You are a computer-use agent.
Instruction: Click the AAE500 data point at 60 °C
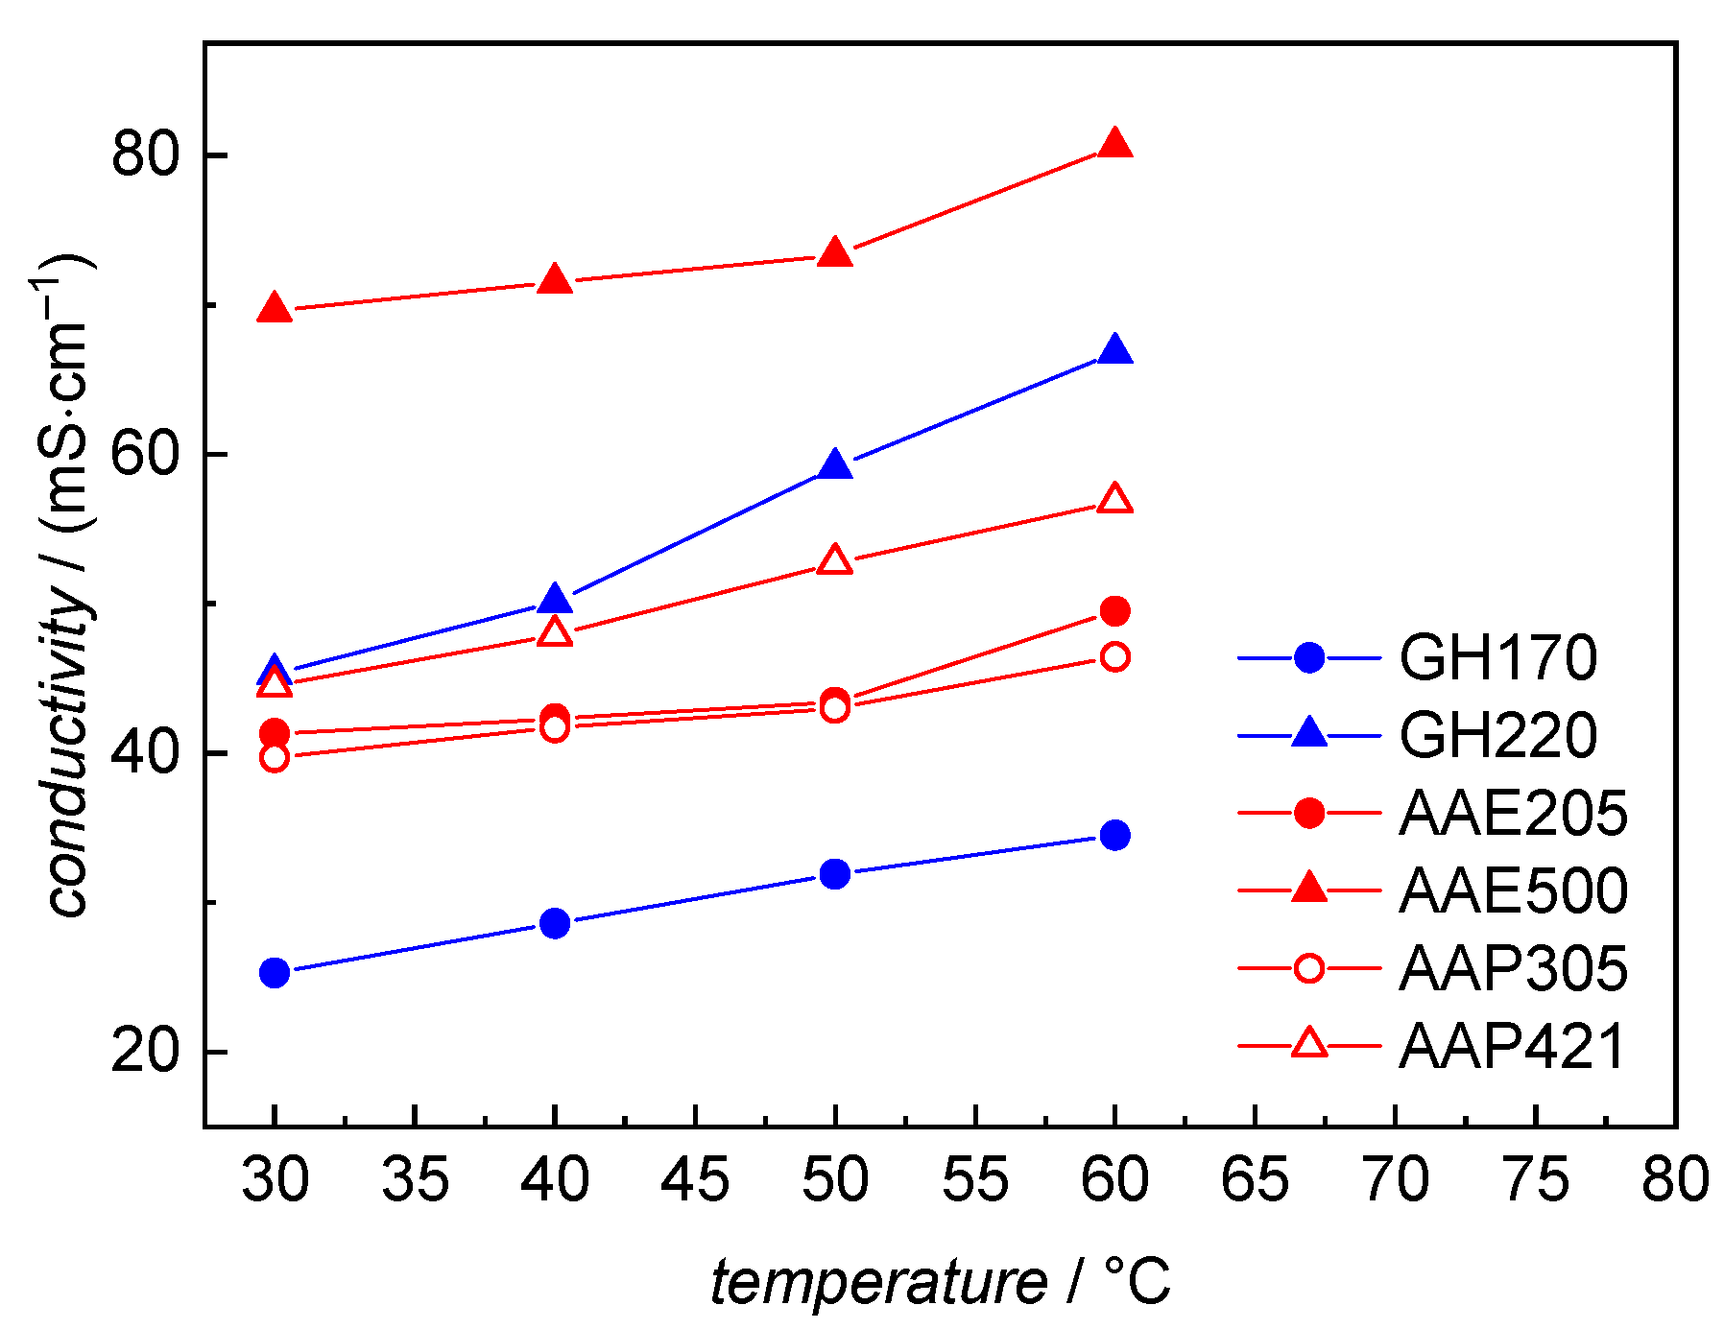click(1114, 144)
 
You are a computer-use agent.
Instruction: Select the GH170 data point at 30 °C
click(275, 972)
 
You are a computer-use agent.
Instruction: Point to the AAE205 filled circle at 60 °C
click(1114, 610)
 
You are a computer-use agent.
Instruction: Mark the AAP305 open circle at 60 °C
click(1114, 657)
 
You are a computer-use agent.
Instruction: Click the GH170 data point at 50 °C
click(835, 874)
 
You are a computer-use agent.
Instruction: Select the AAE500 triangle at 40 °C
click(555, 280)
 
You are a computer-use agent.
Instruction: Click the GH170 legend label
click(1497, 658)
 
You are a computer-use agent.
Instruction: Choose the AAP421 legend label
click(1512, 1046)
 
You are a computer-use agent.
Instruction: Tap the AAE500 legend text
click(1513, 890)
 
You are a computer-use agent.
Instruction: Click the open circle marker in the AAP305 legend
click(1308, 968)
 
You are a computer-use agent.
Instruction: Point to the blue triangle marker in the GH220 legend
click(1308, 734)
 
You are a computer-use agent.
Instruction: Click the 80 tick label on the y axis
click(146, 155)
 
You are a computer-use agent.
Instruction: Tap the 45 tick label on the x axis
click(695, 1180)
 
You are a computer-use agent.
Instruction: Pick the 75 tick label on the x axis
click(1536, 1180)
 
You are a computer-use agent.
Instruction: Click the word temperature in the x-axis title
click(878, 1283)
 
